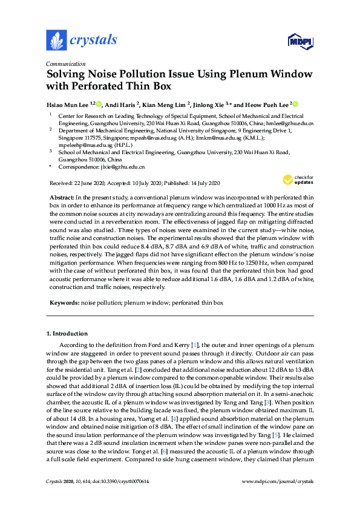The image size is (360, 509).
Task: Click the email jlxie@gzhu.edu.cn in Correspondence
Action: pos(123,167)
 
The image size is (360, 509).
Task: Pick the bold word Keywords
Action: pos(63,302)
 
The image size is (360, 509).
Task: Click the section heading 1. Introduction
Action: pos(67,333)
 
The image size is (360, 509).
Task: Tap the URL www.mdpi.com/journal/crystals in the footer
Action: pos(277,481)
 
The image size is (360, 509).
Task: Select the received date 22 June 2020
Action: pos(82,183)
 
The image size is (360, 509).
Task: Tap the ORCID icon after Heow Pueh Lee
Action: pos(296,104)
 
